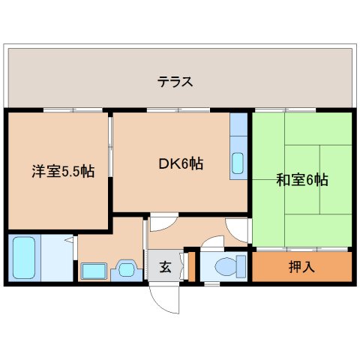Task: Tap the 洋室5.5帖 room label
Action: point(63,170)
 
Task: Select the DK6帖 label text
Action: point(180,163)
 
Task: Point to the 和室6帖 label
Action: point(302,180)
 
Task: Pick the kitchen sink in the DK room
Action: point(238,162)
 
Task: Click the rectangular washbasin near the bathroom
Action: point(94,271)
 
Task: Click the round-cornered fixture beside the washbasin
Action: point(124,269)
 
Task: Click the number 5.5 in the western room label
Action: point(73,171)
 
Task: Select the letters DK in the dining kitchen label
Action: point(166,163)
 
